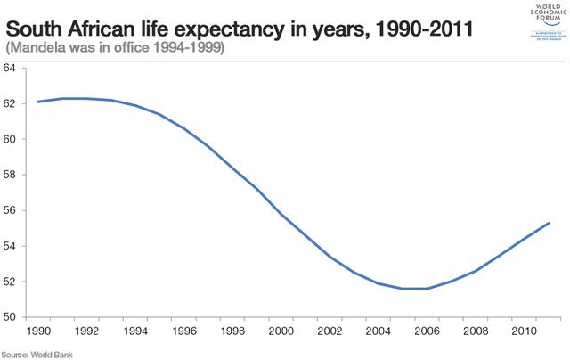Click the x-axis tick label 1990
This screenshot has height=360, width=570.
[x=37, y=331]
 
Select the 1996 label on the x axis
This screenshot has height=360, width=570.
[x=183, y=331]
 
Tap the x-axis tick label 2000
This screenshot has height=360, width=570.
[x=281, y=331]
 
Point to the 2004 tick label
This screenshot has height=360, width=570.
[x=379, y=331]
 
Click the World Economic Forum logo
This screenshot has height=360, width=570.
[x=537, y=22]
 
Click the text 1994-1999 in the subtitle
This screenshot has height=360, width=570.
[x=191, y=47]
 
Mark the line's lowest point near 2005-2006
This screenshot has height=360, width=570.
[x=415, y=289]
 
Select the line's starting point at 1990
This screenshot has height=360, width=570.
[x=37, y=102]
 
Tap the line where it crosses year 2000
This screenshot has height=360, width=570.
[x=281, y=214]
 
